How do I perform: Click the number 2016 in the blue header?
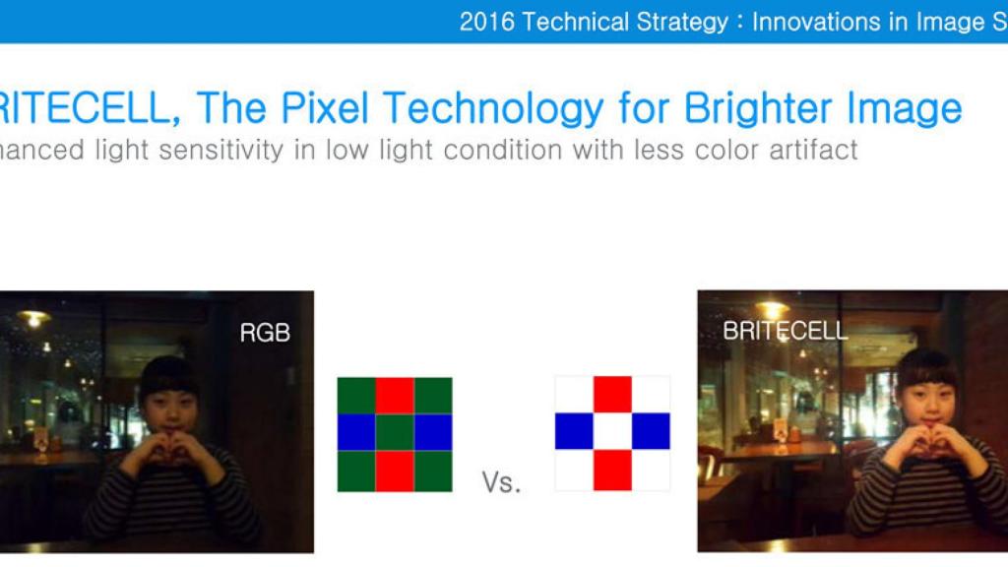(486, 22)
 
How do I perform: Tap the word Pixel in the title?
(324, 107)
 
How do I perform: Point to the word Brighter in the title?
(759, 108)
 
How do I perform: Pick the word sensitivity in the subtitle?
(220, 151)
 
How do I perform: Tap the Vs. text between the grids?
(501, 482)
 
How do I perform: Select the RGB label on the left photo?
(265, 333)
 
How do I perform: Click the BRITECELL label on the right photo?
(785, 331)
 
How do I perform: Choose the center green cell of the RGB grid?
(395, 433)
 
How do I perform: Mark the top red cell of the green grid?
(395, 396)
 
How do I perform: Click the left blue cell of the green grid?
(356, 433)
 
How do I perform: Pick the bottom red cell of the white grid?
(612, 470)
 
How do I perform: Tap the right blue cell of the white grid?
(652, 431)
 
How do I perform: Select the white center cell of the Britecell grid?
(612, 431)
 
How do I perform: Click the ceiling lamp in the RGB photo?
(32, 318)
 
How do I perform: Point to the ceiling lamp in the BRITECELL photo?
(772, 310)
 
